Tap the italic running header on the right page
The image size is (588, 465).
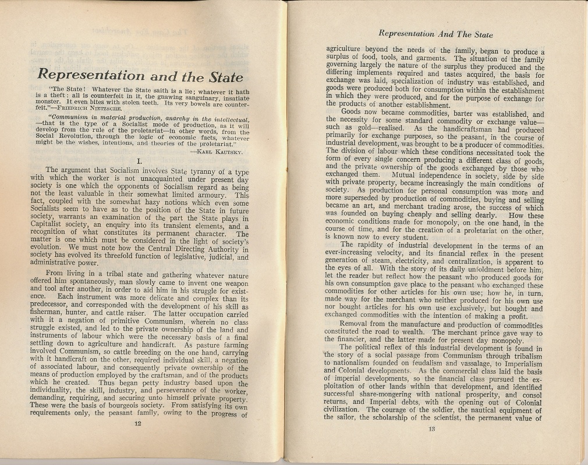(x=435, y=34)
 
